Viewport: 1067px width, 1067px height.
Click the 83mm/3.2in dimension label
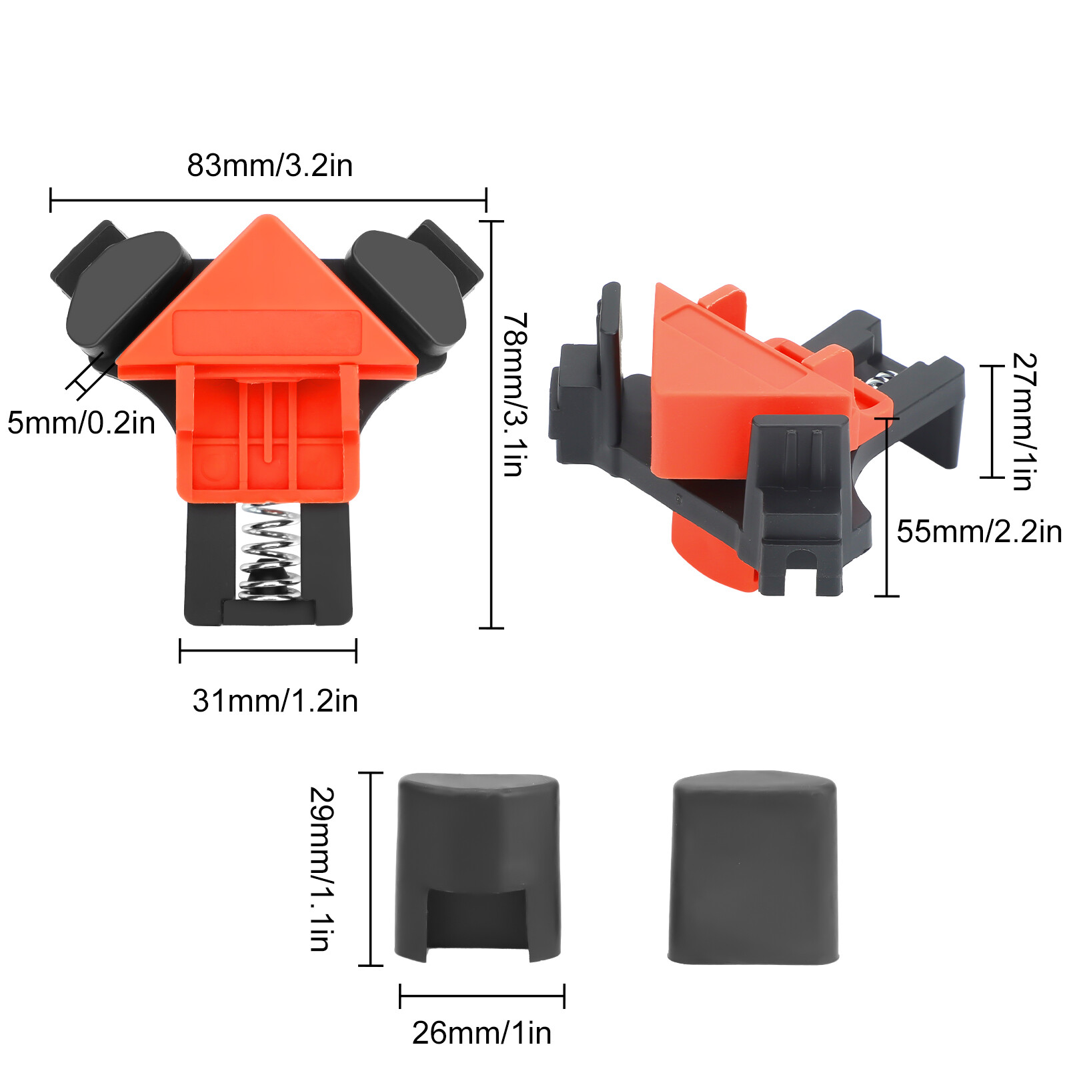pyautogui.click(x=269, y=165)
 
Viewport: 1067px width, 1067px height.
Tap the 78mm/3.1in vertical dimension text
pyautogui.click(x=515, y=395)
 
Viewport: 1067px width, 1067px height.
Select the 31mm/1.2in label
pyautogui.click(x=275, y=701)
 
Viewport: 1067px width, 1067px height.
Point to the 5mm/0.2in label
pyautogui.click(x=81, y=423)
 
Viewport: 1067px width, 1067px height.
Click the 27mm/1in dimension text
pyautogui.click(x=1024, y=421)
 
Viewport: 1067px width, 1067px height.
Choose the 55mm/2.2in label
pyautogui.click(x=978, y=531)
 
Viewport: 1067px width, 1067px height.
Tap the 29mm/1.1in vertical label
pyautogui.click(x=322, y=868)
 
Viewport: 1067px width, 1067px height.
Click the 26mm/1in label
pyautogui.click(x=481, y=1033)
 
